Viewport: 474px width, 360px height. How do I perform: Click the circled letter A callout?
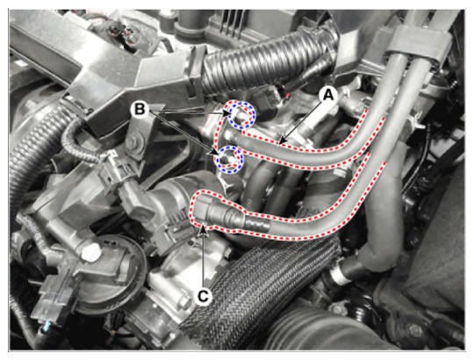[x=328, y=95]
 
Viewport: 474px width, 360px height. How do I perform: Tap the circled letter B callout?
[x=140, y=109]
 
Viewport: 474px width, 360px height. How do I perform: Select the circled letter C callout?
[x=203, y=297]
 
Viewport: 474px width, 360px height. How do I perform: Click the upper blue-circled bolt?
[x=241, y=116]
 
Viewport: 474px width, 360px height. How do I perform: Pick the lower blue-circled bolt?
[x=228, y=159]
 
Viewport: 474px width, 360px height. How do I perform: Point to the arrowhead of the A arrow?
[x=282, y=141]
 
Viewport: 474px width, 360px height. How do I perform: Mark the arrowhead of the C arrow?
[x=205, y=229]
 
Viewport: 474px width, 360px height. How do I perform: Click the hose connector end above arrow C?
[x=210, y=211]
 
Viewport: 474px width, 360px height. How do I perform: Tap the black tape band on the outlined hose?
[x=256, y=223]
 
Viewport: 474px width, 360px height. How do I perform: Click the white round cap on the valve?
[x=91, y=252]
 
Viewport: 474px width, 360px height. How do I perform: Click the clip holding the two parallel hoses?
[x=417, y=38]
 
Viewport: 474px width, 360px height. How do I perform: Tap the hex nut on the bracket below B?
[x=133, y=142]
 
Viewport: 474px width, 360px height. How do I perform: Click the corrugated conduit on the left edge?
[x=33, y=151]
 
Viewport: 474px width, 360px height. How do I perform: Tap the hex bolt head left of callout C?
[x=183, y=303]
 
